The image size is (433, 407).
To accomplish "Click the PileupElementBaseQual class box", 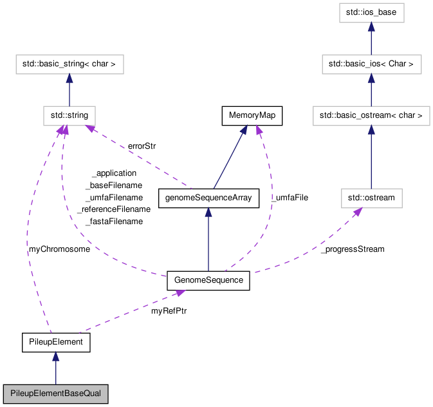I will coord(55,392).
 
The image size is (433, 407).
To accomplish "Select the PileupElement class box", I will coord(55,342).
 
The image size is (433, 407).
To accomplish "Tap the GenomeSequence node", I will coord(208,280).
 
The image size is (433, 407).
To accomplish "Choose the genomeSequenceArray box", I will coord(208,198).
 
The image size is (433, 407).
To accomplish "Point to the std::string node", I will coord(69,116).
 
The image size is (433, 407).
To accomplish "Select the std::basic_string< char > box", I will coord(69,64).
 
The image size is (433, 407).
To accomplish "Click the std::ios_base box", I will coord(371,12).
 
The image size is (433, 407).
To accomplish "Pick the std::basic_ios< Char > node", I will coord(371,64).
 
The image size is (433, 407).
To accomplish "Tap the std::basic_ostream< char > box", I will coord(371,116).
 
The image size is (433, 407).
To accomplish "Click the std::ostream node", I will coord(371,198).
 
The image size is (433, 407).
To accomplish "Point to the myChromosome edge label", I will coord(59,249).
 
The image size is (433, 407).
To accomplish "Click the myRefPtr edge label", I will coord(169,310).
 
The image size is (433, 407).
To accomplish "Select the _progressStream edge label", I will coord(352,249).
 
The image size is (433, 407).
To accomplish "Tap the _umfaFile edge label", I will coord(289,198).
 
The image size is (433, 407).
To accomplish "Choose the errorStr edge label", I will coord(142,146).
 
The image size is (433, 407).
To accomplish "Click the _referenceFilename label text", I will coord(113,209).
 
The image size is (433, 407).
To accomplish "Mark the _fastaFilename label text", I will coord(113,222).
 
